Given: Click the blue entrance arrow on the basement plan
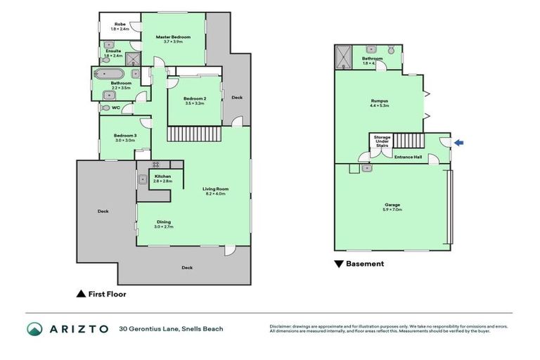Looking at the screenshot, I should (458, 143).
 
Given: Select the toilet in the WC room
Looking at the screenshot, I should (106, 108).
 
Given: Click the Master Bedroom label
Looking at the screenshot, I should (173, 37).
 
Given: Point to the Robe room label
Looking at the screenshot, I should (120, 25).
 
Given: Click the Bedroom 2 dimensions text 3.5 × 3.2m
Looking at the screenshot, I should (194, 103).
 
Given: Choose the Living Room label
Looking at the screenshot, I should (215, 188).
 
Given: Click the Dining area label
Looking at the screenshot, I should (163, 221).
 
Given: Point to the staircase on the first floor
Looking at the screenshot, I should (193, 134).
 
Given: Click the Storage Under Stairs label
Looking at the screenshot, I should (382, 141).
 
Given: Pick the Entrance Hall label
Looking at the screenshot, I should (408, 157).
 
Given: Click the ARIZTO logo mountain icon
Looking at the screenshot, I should (34, 328).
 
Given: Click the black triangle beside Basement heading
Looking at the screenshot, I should (338, 264).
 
